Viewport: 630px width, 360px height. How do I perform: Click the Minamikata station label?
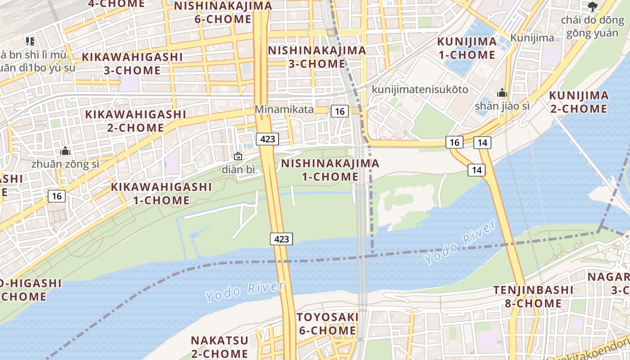click(x=283, y=109)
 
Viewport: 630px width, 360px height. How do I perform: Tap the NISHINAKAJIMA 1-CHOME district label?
click(x=330, y=170)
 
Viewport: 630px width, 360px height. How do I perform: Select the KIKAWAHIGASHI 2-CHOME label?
click(x=135, y=121)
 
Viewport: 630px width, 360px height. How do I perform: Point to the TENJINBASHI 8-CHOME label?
click(x=533, y=297)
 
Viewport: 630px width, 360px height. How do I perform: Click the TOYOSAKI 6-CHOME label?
click(x=327, y=324)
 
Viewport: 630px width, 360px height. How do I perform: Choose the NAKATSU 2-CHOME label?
click(x=219, y=346)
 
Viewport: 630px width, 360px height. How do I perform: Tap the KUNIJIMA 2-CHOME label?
click(x=579, y=102)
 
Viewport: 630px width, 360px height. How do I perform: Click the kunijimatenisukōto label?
click(x=419, y=90)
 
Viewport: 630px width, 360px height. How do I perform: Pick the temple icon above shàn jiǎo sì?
click(x=502, y=94)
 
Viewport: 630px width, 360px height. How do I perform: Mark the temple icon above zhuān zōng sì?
click(x=65, y=151)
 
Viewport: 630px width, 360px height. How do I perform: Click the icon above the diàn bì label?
click(x=238, y=157)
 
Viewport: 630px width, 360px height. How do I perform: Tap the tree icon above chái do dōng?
click(x=592, y=6)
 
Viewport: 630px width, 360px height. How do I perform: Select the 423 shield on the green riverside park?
click(x=281, y=239)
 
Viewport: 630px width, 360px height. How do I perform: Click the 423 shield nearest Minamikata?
click(x=267, y=139)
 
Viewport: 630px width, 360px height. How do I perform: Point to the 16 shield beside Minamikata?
click(x=340, y=111)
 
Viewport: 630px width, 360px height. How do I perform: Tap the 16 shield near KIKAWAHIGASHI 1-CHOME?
click(x=57, y=196)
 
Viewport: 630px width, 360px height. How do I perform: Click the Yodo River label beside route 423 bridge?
click(x=245, y=292)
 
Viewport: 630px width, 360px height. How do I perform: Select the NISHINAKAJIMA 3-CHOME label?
click(x=317, y=57)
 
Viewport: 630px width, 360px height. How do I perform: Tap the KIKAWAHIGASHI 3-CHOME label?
click(x=132, y=63)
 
